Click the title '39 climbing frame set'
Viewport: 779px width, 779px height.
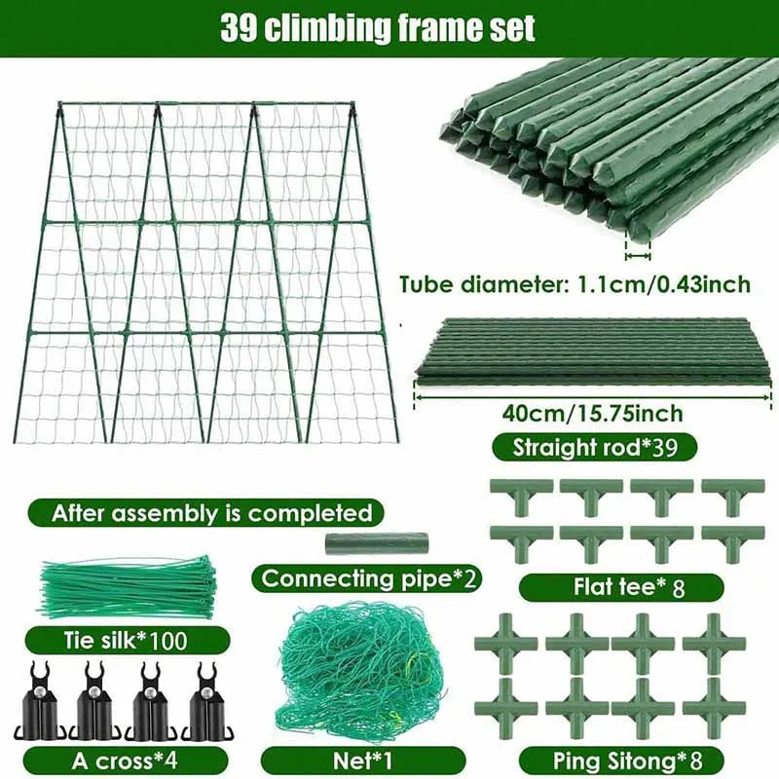click(377, 27)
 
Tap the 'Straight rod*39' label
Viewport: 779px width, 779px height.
click(594, 448)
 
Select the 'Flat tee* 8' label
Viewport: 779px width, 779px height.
click(620, 587)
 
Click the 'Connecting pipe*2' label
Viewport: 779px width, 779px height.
click(370, 577)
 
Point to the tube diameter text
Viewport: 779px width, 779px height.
click(575, 284)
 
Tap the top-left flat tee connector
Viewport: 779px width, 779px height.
click(521, 496)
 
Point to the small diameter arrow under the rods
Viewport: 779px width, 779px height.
click(638, 255)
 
